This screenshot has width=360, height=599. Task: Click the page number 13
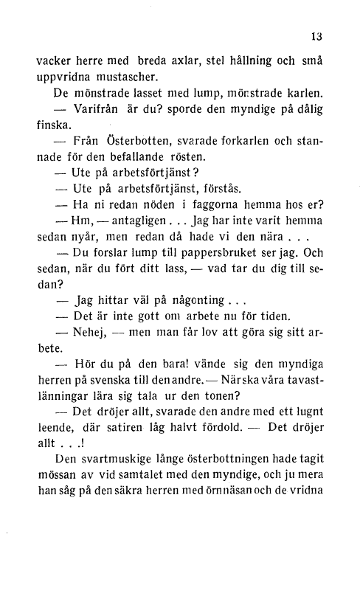tap(318, 35)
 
